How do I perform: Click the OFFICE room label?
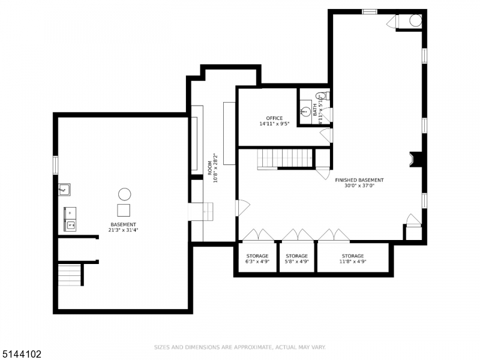[274, 118]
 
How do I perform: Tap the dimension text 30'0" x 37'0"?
[359, 185]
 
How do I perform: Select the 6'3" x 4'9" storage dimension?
[257, 262]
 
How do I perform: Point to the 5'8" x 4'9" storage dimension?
[296, 262]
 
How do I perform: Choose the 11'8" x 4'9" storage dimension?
[353, 262]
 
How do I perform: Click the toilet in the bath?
[322, 95]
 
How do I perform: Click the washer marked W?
[70, 225]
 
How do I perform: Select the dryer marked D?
[70, 212]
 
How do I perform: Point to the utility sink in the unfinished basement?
[64, 190]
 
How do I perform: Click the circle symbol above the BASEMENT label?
[124, 194]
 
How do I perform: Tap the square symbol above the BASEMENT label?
[124, 210]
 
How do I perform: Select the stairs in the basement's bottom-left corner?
[70, 275]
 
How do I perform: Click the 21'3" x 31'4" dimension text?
[123, 230]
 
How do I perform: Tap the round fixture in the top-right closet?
[415, 20]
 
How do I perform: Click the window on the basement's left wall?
[55, 165]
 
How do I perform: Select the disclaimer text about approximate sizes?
[239, 347]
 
